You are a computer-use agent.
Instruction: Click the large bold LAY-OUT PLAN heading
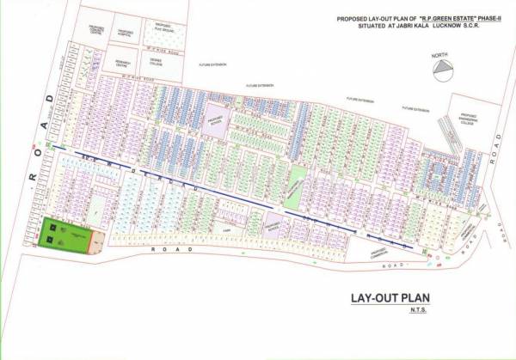(389, 299)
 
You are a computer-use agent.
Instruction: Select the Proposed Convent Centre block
(96, 32)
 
